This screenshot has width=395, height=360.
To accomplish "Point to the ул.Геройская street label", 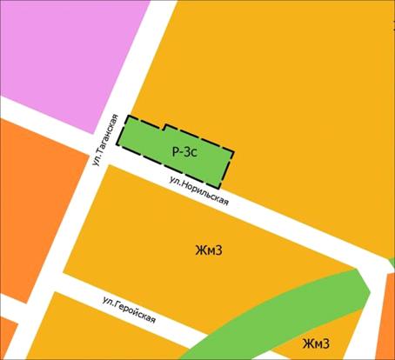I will [x=129, y=309].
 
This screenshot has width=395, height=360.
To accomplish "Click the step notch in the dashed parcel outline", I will [x=165, y=129].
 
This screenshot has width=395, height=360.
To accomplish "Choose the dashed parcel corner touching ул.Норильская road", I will [x=218, y=188].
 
